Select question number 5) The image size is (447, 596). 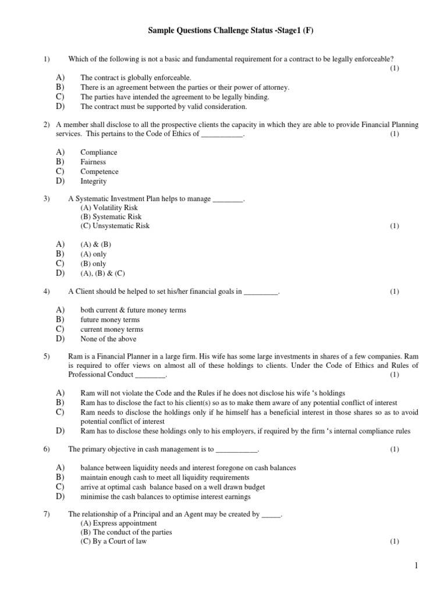(47, 356)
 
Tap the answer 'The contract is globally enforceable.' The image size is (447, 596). (135, 77)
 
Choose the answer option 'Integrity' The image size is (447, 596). (93, 182)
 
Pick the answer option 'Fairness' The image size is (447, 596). (93, 162)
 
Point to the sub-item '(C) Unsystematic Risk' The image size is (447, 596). (115, 226)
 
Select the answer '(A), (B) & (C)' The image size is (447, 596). (102, 273)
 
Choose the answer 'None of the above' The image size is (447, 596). (108, 339)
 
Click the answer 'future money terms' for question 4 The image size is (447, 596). (110, 320)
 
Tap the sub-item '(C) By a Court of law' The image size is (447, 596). (113, 541)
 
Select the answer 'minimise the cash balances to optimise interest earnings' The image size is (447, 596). (165, 496)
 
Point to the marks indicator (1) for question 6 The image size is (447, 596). (394, 449)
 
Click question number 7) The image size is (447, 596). (47, 515)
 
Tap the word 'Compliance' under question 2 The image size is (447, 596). (98, 152)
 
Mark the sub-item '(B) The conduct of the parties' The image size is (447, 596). (126, 532)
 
